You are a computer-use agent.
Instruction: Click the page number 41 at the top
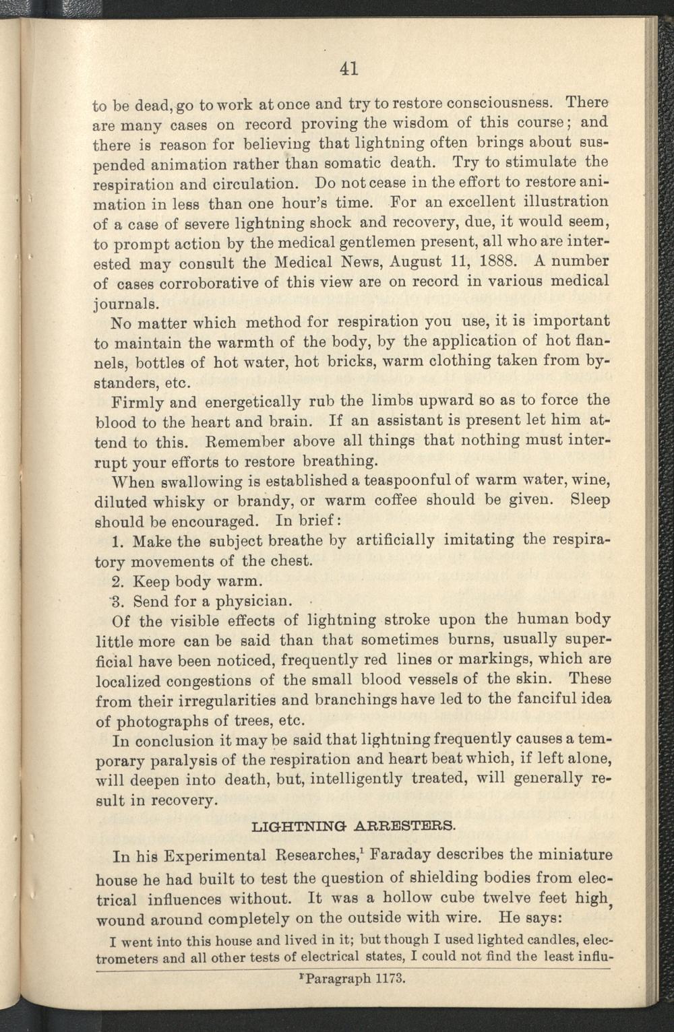tap(348, 68)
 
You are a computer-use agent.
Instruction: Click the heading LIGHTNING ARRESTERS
tap(353, 825)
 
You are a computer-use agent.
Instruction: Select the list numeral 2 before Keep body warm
tap(114, 581)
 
